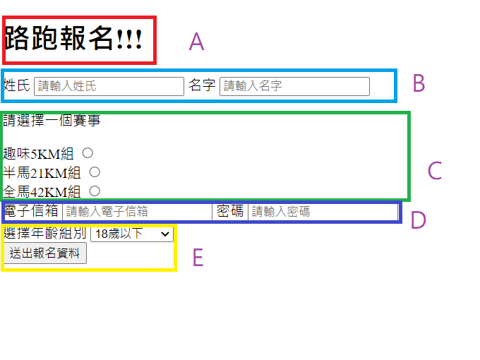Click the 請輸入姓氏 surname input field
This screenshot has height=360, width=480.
109,86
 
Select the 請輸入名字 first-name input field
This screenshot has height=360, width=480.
294,86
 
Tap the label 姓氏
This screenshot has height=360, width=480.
17,85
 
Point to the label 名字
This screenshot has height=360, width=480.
202,85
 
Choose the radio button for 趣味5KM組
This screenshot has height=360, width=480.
88,152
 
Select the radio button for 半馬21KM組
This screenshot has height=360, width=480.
94,172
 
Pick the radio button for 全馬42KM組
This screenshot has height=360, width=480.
94,191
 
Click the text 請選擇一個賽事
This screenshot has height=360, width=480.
52,120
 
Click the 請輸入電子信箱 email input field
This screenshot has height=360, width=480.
137,211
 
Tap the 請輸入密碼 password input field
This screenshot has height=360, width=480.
323,211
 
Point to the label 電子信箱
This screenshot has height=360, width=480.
32,211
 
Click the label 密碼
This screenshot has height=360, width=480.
230,211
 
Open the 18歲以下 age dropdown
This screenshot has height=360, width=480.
132,234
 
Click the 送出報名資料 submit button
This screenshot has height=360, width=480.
44,253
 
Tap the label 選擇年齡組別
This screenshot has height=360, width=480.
45,234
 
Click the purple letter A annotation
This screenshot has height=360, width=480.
196,42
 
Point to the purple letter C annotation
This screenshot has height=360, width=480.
434,171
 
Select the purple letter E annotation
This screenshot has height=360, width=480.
198,258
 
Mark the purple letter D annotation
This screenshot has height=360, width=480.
418,220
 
